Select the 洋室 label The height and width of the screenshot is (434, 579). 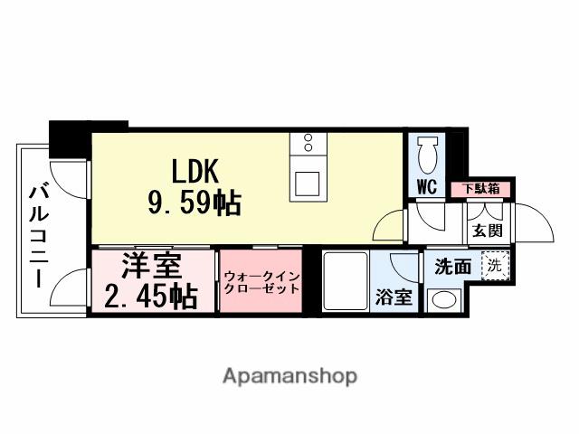click(151, 266)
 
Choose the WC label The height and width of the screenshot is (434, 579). click(427, 188)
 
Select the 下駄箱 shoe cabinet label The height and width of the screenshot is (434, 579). click(480, 189)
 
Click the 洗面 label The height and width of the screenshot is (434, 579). click(452, 267)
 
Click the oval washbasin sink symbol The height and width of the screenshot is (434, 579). click(444, 299)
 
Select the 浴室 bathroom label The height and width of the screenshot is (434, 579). click(394, 297)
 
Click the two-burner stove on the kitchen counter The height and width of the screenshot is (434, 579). click(308, 144)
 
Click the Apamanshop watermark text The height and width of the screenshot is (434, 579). click(289, 375)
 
